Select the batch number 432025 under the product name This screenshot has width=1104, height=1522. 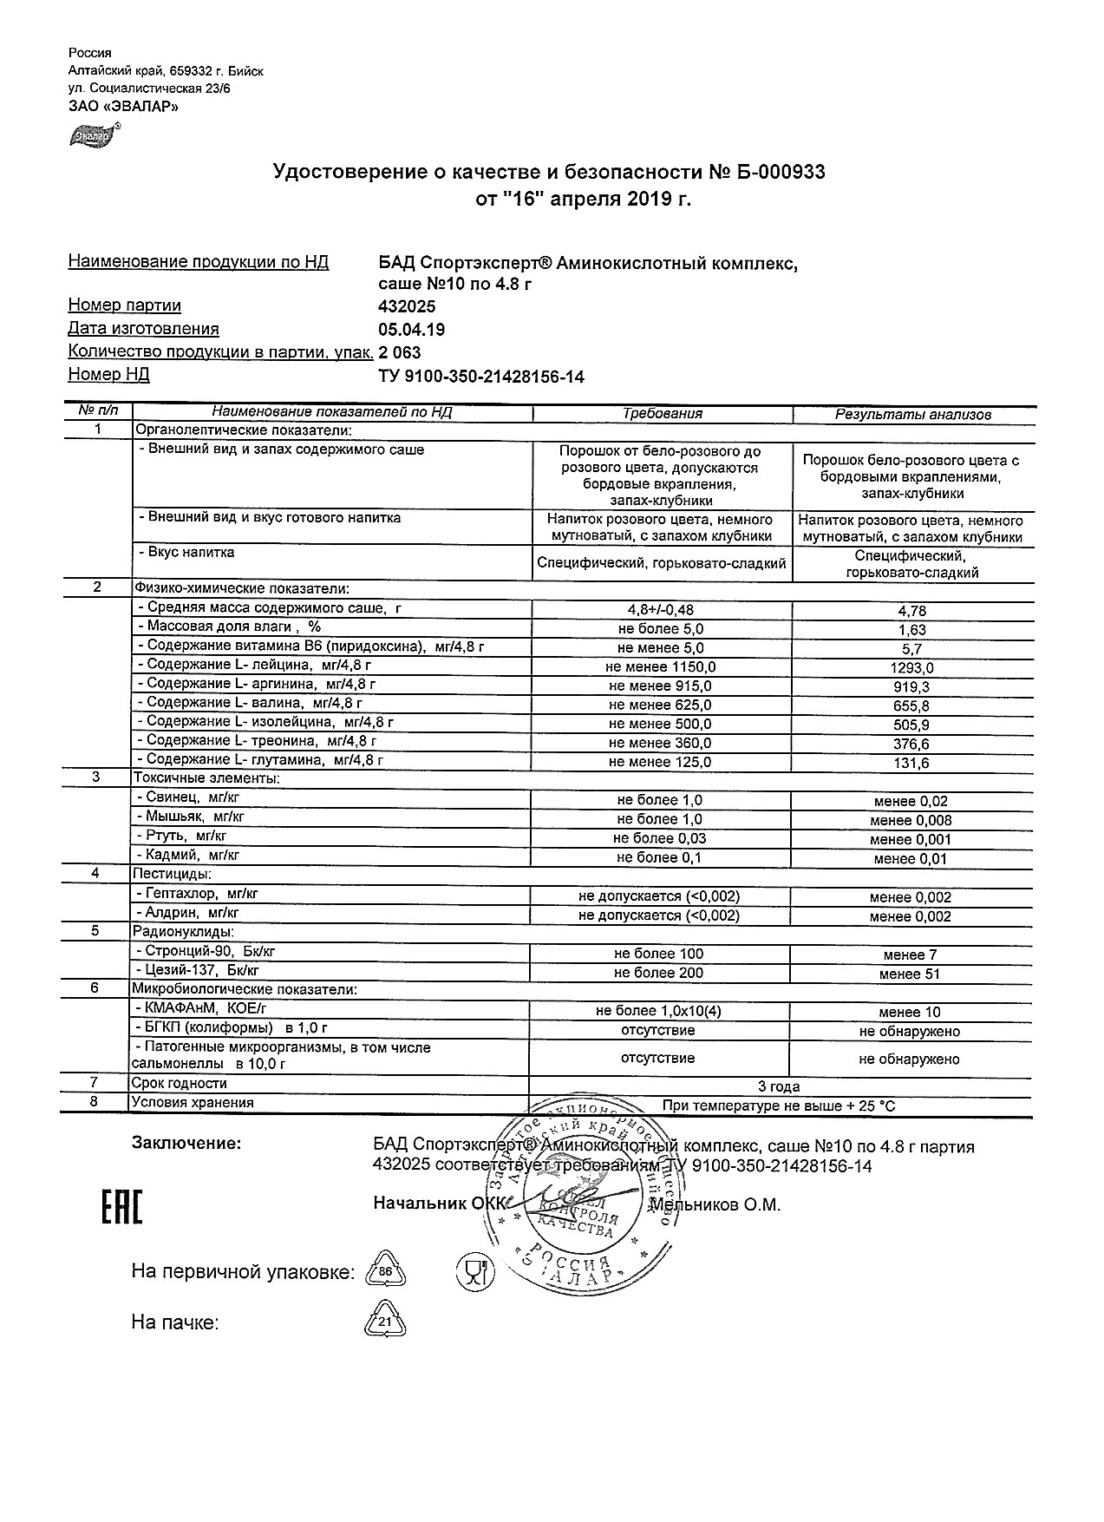(x=407, y=306)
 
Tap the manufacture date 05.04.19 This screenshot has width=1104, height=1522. (x=412, y=330)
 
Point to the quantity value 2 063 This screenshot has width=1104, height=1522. (x=400, y=352)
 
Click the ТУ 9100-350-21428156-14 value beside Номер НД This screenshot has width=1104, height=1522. (x=481, y=376)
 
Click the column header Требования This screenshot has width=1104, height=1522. (x=663, y=414)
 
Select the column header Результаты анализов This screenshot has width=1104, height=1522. (x=912, y=415)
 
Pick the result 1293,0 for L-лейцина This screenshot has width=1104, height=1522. (x=911, y=668)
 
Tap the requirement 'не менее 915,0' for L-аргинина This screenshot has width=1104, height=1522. (x=660, y=686)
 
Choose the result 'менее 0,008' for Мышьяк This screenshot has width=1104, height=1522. (x=911, y=820)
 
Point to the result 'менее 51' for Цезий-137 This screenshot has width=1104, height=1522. (x=909, y=974)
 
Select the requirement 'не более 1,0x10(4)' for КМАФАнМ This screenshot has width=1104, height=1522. (x=658, y=1011)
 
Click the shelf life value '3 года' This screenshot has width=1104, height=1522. (x=779, y=1086)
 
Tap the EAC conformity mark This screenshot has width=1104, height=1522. (x=122, y=1207)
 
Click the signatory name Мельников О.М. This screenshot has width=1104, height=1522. (x=715, y=1204)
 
